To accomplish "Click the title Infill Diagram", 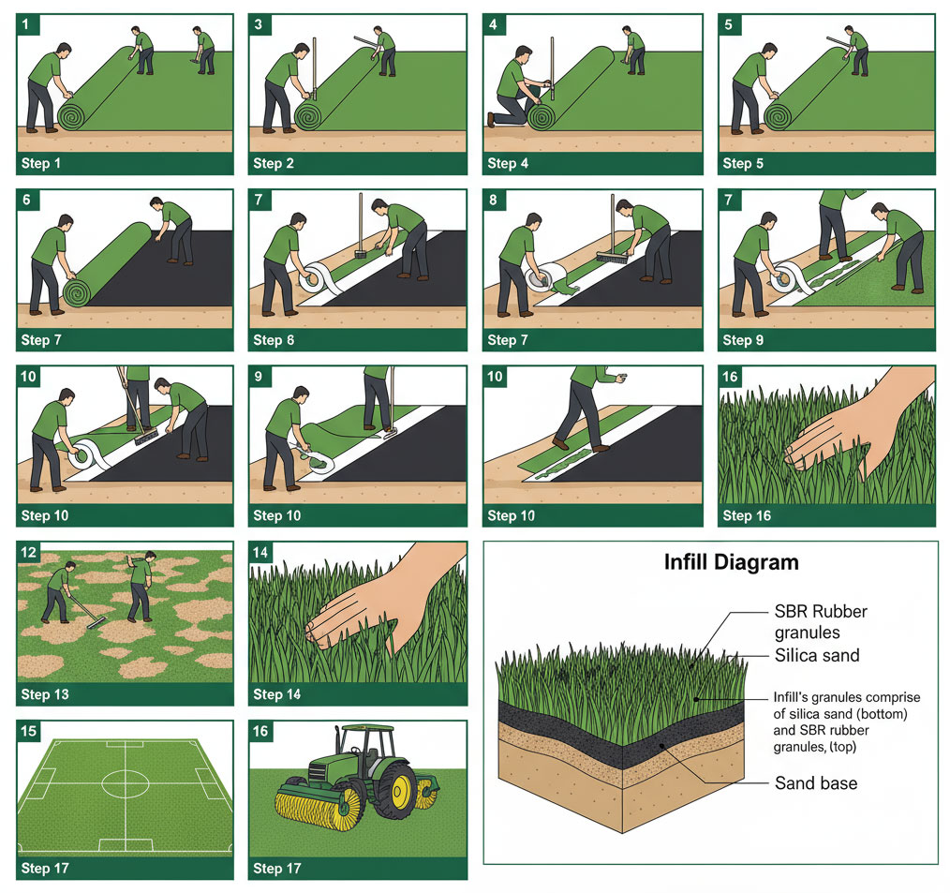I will pyautogui.click(x=731, y=563).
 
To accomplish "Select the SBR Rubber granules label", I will pyautogui.click(x=821, y=621).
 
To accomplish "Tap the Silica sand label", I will pyautogui.click(x=816, y=655).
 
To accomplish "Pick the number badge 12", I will pyautogui.click(x=29, y=553).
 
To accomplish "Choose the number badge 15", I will pyautogui.click(x=29, y=731).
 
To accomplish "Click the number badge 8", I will pyautogui.click(x=494, y=201).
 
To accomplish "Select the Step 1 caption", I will pyautogui.click(x=41, y=163).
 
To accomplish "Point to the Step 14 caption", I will pyautogui.click(x=277, y=694).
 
